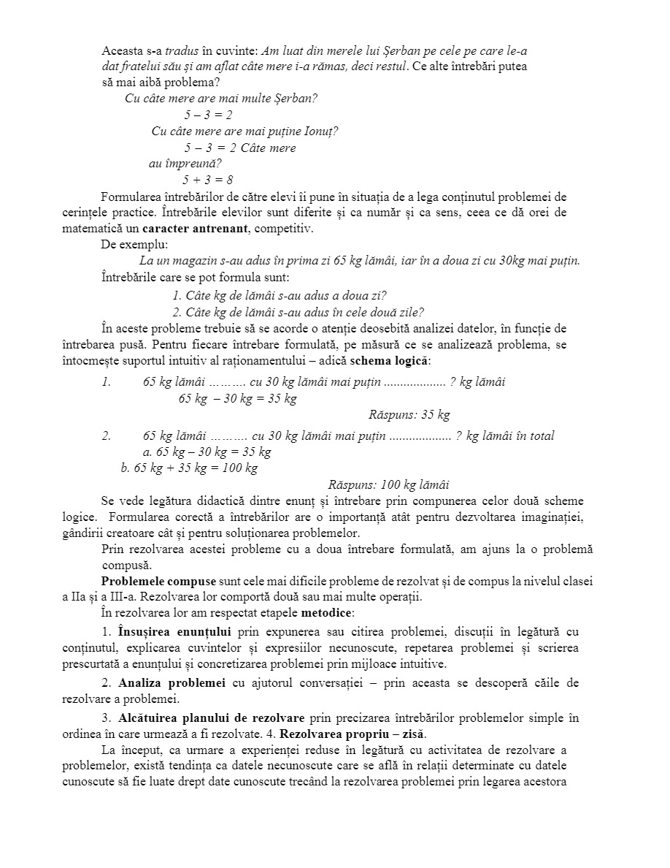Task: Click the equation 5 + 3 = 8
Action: pyautogui.click(x=208, y=180)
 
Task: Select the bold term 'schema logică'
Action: pyautogui.click(x=390, y=361)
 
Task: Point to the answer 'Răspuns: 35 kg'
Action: pyautogui.click(x=409, y=415)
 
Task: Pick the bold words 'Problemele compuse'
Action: pyautogui.click(x=158, y=582)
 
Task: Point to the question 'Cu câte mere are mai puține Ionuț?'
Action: pyautogui.click(x=244, y=132)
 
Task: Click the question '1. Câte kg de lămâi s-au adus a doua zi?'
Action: pyautogui.click(x=279, y=296)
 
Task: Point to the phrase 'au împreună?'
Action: pyautogui.click(x=185, y=164)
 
